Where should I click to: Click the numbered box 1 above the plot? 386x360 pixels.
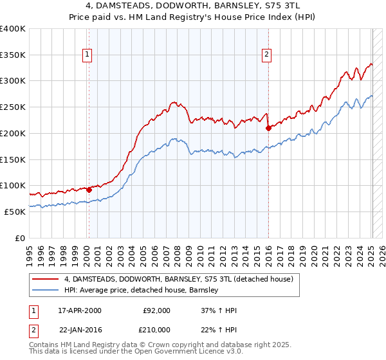pos(87,55)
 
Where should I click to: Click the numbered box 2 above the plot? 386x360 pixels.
pos(266,55)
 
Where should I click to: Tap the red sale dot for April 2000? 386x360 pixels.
pos(89,190)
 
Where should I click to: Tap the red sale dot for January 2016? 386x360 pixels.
pos(268,128)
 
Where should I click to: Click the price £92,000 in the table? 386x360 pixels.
pos(156,310)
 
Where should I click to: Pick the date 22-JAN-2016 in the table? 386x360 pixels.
pos(80,330)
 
